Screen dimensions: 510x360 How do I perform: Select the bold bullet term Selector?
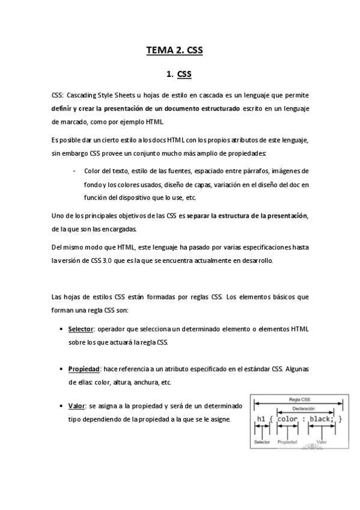81,330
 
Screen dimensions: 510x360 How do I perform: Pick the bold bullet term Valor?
77,406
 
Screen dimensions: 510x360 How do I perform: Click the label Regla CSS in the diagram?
299,399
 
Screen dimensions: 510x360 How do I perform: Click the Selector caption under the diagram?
261,442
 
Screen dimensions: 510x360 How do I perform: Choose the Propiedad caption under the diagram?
287,442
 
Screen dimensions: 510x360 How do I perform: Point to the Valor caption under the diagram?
321,442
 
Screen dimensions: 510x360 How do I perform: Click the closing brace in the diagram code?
340,419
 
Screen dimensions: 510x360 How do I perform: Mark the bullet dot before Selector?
63,330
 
